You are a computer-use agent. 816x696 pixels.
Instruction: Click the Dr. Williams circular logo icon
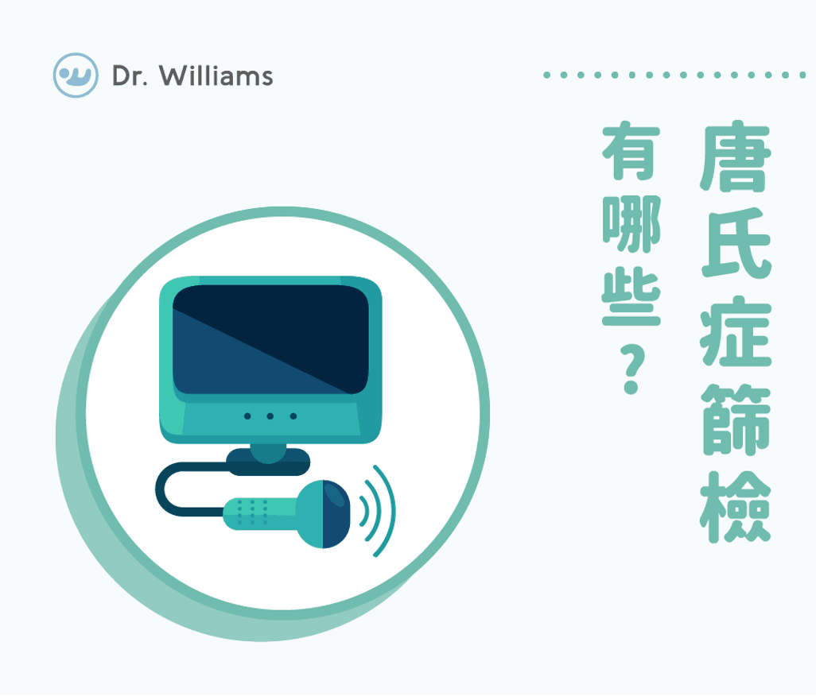click(x=76, y=75)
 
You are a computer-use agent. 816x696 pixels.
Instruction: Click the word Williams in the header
click(x=216, y=76)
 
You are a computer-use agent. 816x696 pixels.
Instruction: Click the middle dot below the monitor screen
click(x=270, y=416)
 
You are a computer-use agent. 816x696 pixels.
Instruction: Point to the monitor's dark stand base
click(x=268, y=462)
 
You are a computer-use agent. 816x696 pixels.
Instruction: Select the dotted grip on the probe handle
click(x=253, y=512)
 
